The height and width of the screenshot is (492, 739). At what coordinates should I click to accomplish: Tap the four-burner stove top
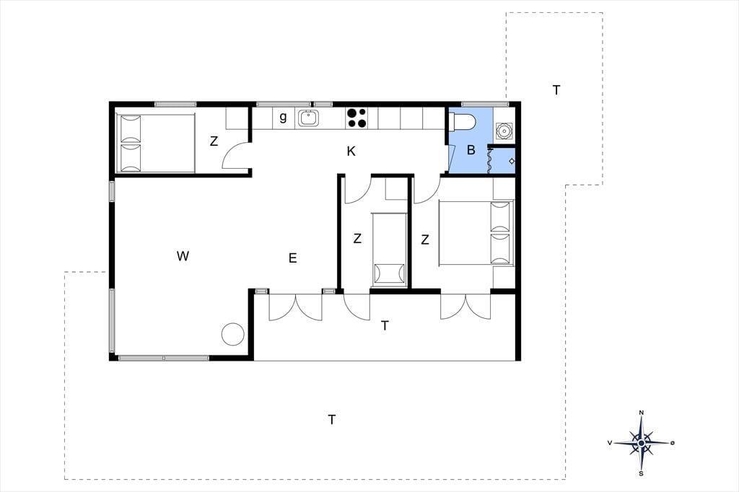click(x=357, y=118)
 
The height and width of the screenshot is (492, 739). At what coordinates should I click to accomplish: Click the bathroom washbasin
click(x=504, y=130)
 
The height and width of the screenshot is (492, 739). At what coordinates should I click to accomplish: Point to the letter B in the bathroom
click(x=471, y=150)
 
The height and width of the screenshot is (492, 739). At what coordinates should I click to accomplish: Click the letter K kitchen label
click(x=351, y=151)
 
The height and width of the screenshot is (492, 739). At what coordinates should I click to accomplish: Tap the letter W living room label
click(x=183, y=256)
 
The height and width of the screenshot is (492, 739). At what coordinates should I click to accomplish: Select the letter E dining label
click(x=293, y=258)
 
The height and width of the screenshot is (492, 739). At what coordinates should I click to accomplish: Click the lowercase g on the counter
click(x=283, y=117)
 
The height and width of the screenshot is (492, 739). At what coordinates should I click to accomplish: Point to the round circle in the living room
click(x=233, y=334)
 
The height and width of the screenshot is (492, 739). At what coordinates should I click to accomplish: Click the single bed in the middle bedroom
click(x=389, y=250)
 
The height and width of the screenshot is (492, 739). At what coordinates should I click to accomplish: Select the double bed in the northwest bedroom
click(x=156, y=144)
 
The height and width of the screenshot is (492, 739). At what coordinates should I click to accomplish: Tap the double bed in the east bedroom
click(x=476, y=233)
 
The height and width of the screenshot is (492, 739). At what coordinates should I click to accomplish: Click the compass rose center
click(x=641, y=443)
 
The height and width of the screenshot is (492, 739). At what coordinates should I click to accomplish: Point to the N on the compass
click(x=641, y=413)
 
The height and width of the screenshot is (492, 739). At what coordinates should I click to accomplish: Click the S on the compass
click(x=641, y=474)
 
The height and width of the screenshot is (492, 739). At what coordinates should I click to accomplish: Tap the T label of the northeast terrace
click(x=556, y=90)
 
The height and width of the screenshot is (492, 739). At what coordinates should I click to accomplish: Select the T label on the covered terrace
click(x=385, y=325)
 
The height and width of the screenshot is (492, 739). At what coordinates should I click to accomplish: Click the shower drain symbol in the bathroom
click(x=512, y=161)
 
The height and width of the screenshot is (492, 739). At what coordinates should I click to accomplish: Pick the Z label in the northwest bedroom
click(x=214, y=141)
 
